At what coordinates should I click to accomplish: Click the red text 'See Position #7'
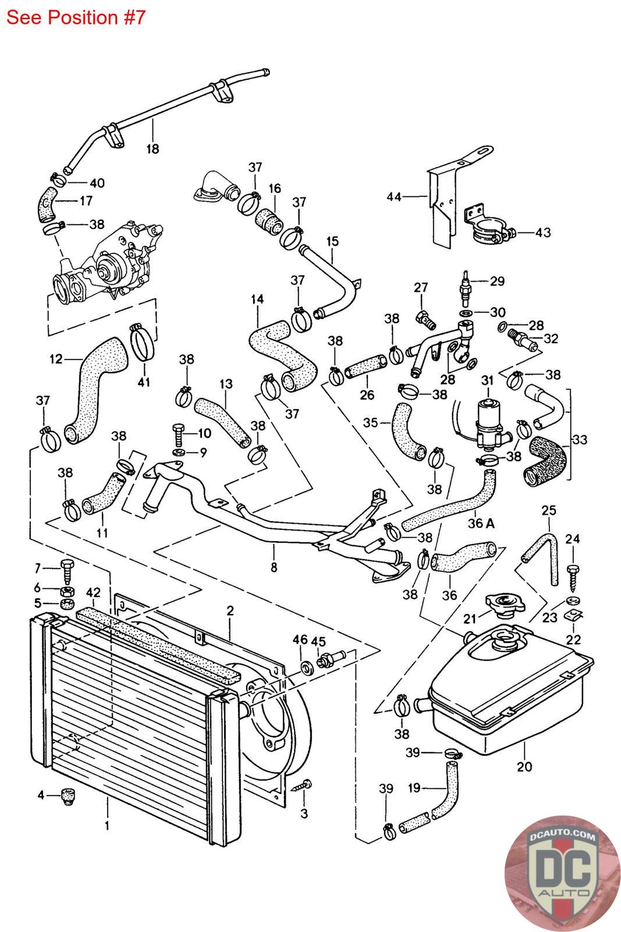[76, 17]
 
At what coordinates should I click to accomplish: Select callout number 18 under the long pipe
[152, 149]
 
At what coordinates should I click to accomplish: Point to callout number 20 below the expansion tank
[524, 767]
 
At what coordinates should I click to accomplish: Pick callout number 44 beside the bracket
[394, 197]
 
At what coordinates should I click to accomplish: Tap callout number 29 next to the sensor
[497, 281]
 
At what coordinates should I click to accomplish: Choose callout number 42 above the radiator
[94, 594]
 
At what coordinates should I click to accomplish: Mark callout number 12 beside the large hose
[56, 359]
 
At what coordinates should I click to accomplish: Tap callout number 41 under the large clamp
[144, 382]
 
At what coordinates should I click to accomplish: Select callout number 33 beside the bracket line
[580, 440]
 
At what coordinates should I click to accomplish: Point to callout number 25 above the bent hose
[549, 510]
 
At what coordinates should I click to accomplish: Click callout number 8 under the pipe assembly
[274, 565]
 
